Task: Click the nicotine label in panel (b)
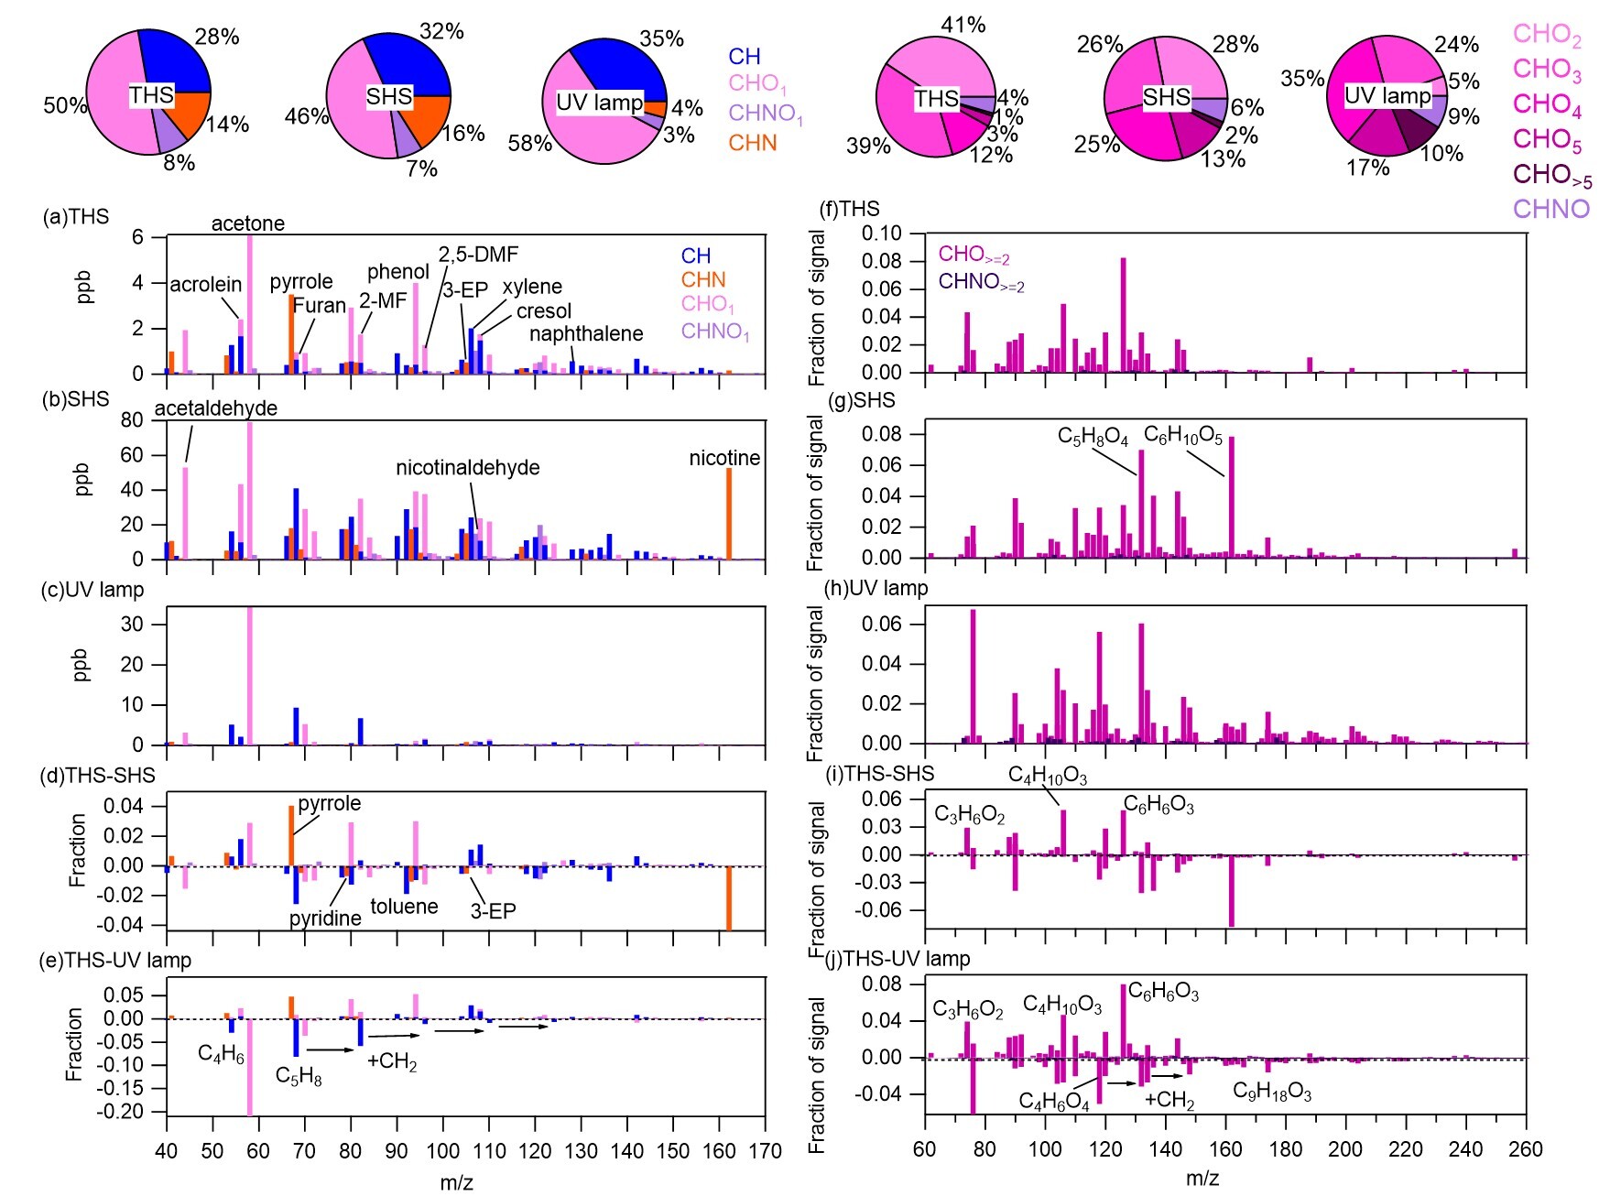click(x=724, y=458)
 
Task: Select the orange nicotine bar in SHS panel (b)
click(x=729, y=513)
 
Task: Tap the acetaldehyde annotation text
click(x=215, y=408)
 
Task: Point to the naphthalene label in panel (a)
click(x=586, y=334)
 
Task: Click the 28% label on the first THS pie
click(x=217, y=37)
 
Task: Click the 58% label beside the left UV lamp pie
click(x=530, y=144)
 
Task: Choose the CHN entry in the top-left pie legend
click(x=752, y=143)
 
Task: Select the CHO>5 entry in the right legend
click(x=1551, y=175)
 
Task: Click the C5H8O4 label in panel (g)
click(x=1093, y=437)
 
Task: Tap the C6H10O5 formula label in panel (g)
click(x=1182, y=437)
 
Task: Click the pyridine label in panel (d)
click(x=325, y=919)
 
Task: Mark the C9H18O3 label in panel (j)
click(x=1271, y=1092)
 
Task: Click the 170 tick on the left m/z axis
click(x=765, y=1151)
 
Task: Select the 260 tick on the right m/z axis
click(x=1526, y=1149)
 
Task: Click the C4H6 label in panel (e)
click(x=221, y=1055)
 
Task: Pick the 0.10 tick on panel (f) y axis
click(x=881, y=234)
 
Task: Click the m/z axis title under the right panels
click(x=1202, y=1179)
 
